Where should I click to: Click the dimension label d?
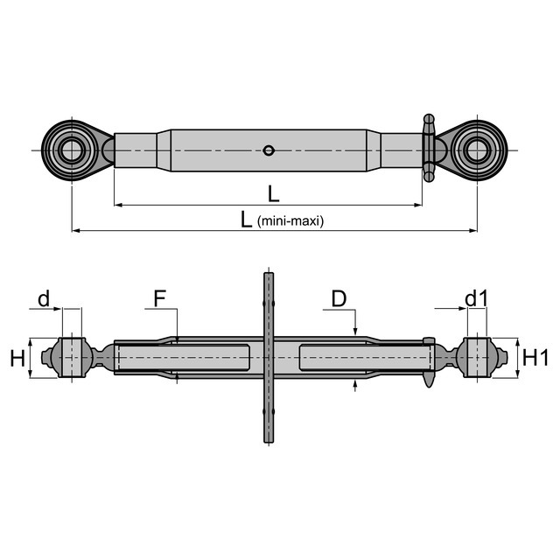[x=44, y=298]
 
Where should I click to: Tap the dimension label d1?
[x=476, y=298]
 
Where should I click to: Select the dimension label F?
[x=159, y=298]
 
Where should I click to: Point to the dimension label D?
[x=339, y=298]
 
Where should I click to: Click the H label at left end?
[x=17, y=358]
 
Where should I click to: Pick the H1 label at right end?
[x=535, y=358]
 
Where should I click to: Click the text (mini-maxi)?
[x=290, y=221]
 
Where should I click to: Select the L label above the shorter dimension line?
[x=273, y=194]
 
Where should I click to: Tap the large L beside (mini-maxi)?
[x=246, y=220]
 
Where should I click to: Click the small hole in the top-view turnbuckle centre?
[x=269, y=150]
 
